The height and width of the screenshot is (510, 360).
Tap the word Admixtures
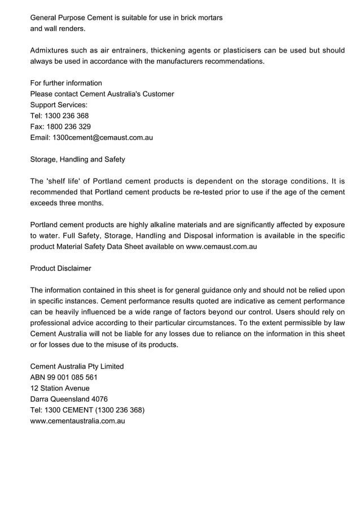pyautogui.click(x=52, y=50)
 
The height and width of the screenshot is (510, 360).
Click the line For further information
pyautogui.click(x=66, y=83)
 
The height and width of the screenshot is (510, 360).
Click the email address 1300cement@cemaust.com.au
pyautogui.click(x=103, y=137)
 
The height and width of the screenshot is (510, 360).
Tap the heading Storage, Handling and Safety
pyautogui.click(x=77, y=159)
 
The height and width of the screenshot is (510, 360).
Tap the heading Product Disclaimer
pyautogui.click(x=60, y=268)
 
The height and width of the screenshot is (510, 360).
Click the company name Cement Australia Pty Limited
pyautogui.click(x=77, y=367)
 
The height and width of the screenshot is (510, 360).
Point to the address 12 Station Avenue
pyautogui.click(x=59, y=388)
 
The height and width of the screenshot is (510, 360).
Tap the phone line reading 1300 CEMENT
pyautogui.click(x=87, y=410)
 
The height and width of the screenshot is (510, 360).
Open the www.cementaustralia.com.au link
pyautogui.click(x=77, y=421)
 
